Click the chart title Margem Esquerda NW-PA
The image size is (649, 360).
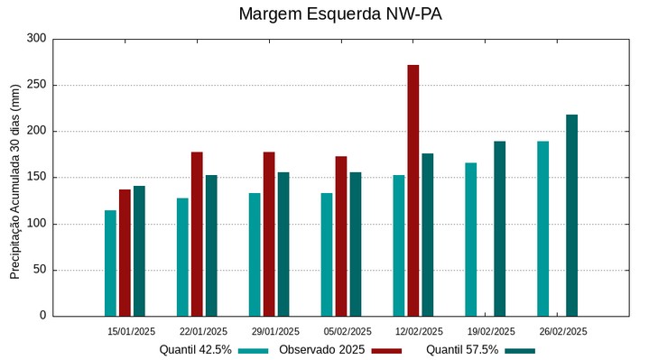coord(340,14)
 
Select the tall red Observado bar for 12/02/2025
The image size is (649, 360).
coord(413,190)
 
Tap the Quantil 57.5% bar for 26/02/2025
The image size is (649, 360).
coord(572,216)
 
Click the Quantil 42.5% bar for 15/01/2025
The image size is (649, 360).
coord(110,263)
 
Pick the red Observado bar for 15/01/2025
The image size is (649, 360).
coord(125,253)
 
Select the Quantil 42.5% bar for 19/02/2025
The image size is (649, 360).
coord(471,239)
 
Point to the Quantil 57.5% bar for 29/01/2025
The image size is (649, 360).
coord(283,244)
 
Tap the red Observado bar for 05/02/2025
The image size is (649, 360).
coord(341,236)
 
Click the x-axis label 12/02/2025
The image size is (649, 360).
coord(419,331)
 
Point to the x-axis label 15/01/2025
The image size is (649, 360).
coord(131,331)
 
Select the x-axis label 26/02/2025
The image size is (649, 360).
coord(563,331)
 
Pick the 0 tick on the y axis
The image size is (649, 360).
coord(42,316)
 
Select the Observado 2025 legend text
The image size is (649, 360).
coord(321,349)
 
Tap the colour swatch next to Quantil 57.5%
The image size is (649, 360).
coord(520,350)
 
